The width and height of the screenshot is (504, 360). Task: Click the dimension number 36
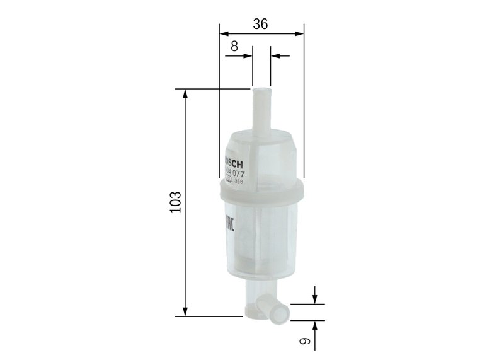click(x=260, y=24)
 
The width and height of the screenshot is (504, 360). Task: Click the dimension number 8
click(x=234, y=45)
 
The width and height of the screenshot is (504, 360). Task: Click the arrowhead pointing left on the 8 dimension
click(x=275, y=56)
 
